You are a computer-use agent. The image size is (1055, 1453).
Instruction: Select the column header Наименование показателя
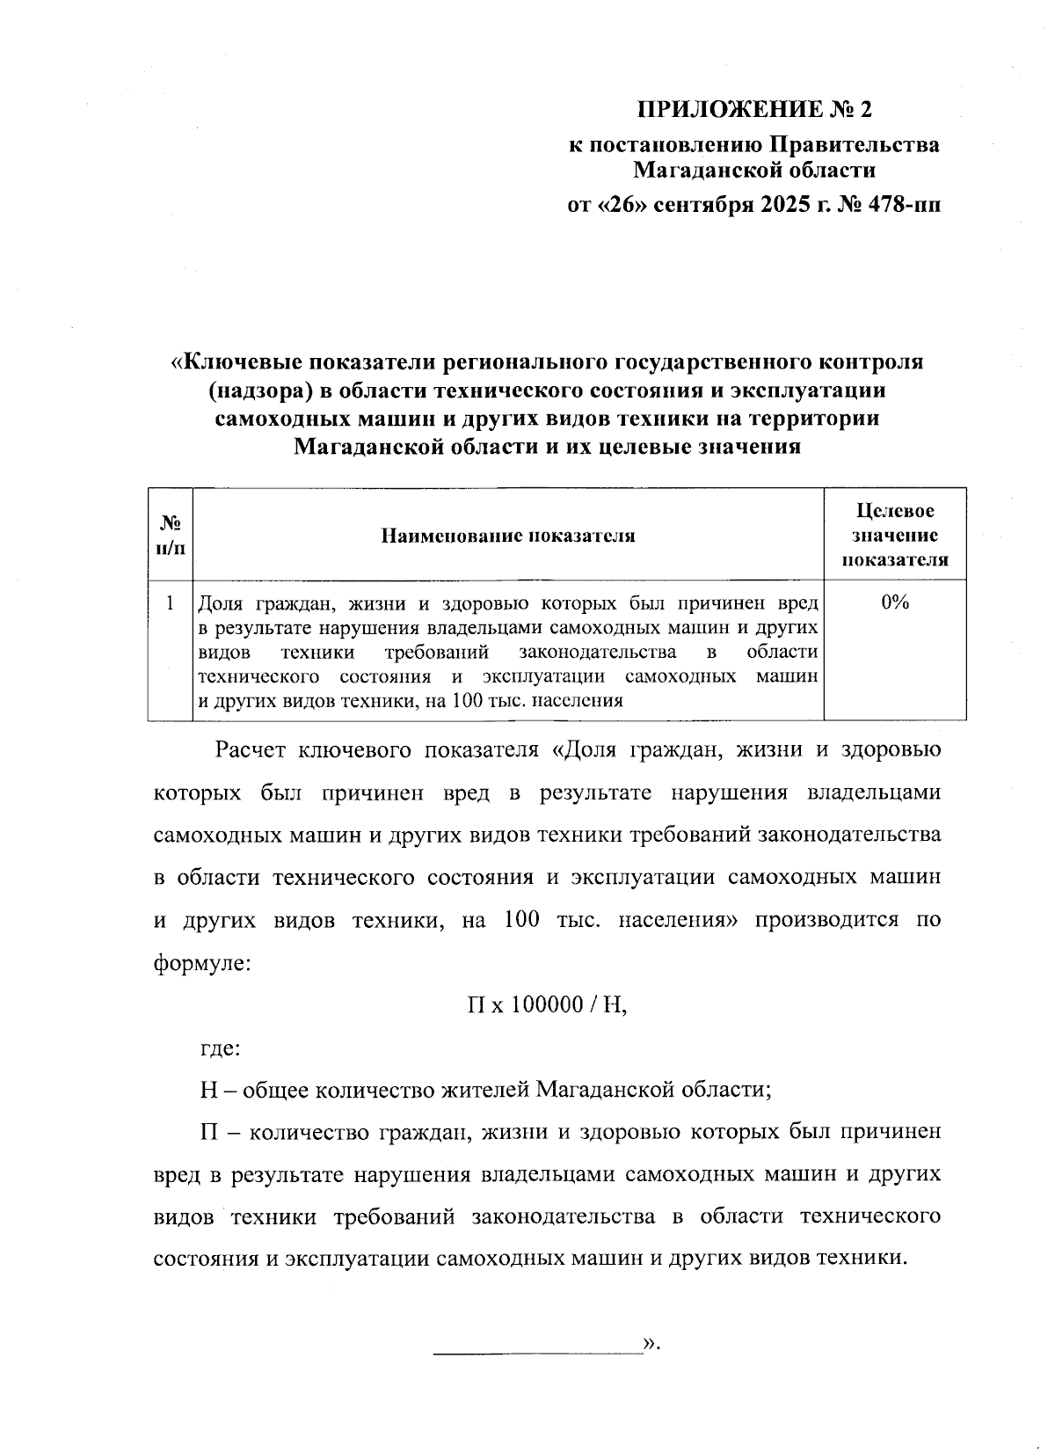[x=508, y=536]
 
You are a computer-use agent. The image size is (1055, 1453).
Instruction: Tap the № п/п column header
[x=171, y=536]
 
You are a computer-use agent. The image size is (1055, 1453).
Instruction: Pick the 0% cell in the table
[x=894, y=603]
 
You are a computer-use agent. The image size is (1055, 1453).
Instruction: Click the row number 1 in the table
[x=171, y=603]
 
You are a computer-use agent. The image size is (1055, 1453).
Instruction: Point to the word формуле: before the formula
[x=203, y=962]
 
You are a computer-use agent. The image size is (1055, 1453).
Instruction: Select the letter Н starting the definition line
[x=208, y=1091]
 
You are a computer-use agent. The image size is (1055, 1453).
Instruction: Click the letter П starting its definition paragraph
[x=208, y=1133]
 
